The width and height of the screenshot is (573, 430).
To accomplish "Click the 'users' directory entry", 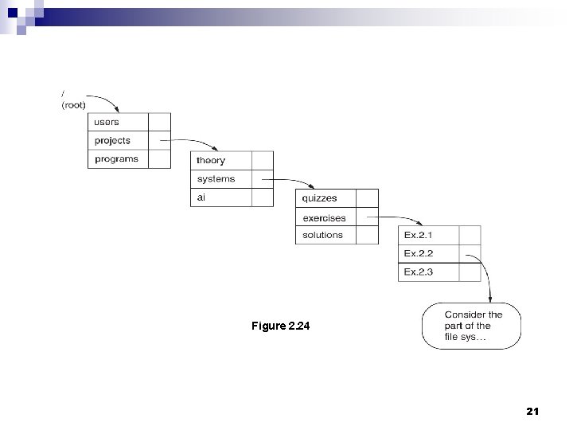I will pos(107,122).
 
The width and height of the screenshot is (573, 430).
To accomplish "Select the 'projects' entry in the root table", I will pos(112,141).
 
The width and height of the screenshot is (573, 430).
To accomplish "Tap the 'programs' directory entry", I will pos(116,159).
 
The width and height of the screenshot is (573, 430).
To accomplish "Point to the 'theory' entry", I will pos(211,160).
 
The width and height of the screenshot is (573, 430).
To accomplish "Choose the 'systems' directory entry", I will pos(216,179).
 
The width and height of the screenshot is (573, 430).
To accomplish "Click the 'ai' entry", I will pos(201,197).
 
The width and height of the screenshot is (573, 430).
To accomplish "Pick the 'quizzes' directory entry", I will pos(320,198).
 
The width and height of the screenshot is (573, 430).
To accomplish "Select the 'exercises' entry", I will pos(324,217).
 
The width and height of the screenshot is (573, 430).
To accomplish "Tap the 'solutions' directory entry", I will pos(322,235).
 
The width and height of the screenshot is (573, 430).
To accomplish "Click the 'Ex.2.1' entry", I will pos(419,235).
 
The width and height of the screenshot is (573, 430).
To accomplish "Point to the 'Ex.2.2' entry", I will pos(419,254).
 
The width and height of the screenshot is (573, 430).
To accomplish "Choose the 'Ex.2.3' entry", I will pos(419,272).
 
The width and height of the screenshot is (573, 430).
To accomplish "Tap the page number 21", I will pos(532,412).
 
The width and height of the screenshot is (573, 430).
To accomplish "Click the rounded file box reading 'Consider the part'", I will pos(473,326).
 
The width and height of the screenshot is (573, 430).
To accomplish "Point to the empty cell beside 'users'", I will pos(159,122).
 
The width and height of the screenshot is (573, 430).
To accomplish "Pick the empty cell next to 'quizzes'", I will pos(367,198).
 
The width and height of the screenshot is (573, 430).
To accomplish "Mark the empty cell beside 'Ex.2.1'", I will pos(470,235).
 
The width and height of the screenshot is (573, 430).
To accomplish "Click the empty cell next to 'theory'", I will pos(262,160).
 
